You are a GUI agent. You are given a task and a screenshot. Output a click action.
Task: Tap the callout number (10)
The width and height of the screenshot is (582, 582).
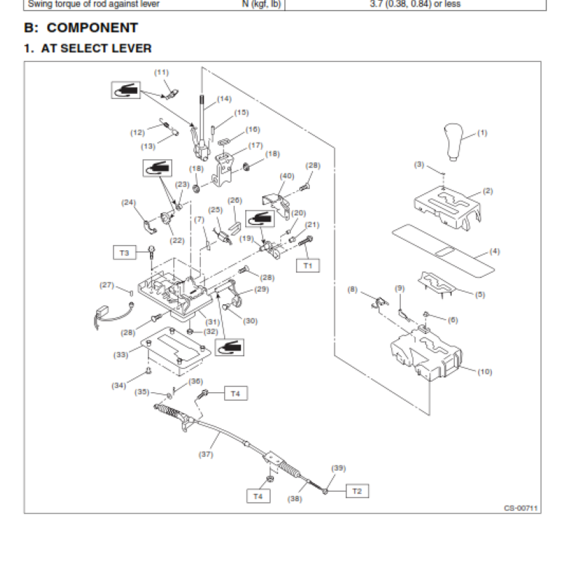coord(485,372)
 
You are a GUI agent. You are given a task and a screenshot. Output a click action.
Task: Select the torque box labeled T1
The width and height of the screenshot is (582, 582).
coord(307,266)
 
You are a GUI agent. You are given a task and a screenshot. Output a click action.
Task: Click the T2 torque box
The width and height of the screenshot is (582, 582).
coord(356,491)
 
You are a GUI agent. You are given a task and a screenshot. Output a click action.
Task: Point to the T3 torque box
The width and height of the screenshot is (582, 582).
coord(124,252)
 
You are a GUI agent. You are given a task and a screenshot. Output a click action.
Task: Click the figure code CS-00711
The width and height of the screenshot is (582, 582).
coord(522,509)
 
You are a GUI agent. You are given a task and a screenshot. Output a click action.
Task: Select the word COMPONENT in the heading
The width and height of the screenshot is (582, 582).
coord(92,28)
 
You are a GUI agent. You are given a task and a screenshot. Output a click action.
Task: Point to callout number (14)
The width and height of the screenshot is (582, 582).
coord(223,98)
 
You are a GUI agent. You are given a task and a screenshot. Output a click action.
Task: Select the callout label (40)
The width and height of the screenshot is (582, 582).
coord(287,175)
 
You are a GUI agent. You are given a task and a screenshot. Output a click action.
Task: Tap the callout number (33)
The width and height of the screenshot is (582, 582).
coord(121,355)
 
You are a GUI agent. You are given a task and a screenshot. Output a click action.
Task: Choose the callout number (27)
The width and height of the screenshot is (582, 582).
coord(106,285)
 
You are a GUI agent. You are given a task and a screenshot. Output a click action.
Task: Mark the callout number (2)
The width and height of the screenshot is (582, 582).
coord(487,191)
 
